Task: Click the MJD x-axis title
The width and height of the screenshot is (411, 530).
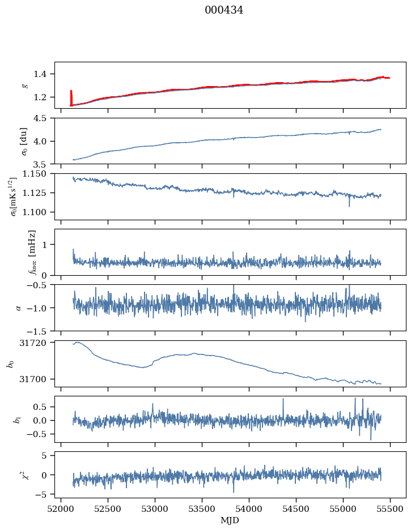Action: [x=230, y=520]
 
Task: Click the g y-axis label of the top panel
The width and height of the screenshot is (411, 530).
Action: [x=24, y=85]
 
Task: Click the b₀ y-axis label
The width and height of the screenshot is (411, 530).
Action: [x=10, y=363]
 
